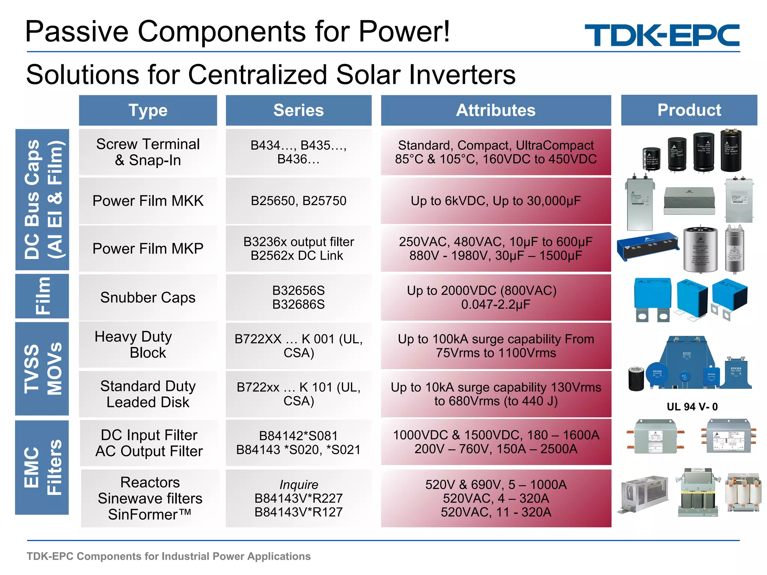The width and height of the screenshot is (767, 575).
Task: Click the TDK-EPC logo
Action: tap(662, 35)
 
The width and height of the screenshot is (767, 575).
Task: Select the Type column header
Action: tap(148, 110)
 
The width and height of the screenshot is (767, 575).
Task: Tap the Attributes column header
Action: tap(495, 110)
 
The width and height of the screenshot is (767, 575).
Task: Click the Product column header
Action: tap(689, 110)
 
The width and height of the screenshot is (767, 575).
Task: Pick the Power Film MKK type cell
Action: tap(148, 201)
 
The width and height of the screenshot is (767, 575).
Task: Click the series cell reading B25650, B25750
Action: tap(298, 201)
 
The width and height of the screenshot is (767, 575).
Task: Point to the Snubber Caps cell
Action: tap(148, 298)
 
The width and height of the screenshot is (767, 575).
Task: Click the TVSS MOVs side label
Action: tap(42, 369)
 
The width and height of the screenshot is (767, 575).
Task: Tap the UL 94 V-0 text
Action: tap(692, 407)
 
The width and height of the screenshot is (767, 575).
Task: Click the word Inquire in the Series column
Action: tap(298, 484)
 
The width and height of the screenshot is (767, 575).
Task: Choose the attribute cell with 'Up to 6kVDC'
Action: tap(495, 201)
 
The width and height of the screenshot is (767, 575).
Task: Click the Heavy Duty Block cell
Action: tap(148, 345)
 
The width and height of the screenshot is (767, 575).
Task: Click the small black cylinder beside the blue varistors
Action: tap(636, 379)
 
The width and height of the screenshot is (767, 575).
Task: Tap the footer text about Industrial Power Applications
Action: tap(169, 556)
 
